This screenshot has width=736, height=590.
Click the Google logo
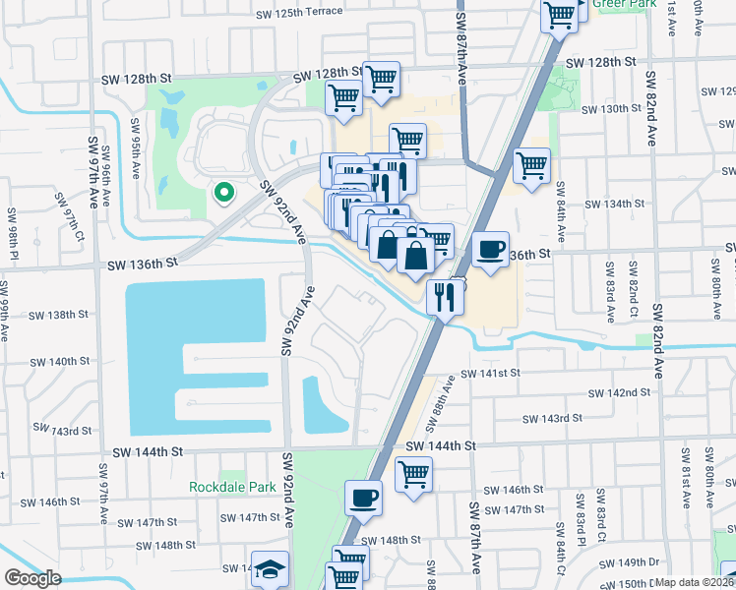[32, 578]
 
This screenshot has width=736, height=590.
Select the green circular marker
[223, 194]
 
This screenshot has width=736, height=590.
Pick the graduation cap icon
[270, 570]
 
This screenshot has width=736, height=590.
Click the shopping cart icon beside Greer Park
[559, 15]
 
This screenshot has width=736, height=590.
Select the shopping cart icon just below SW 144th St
[414, 475]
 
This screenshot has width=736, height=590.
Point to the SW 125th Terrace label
[299, 12]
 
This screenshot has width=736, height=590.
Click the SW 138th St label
[59, 315]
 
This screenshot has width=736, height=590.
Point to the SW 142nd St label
[620, 392]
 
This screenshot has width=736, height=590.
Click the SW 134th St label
[614, 204]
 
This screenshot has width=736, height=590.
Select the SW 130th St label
[611, 108]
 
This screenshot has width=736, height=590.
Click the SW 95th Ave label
[135, 148]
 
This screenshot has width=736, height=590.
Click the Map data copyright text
[695, 582]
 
